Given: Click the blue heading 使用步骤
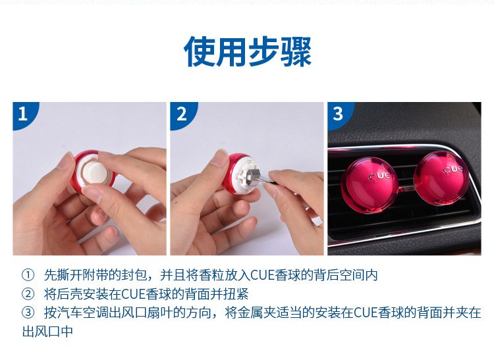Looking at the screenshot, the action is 248,51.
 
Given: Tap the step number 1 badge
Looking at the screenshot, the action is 24,114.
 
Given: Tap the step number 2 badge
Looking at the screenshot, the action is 182,114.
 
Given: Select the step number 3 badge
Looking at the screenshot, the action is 339,114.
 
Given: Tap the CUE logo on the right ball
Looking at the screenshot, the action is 454,170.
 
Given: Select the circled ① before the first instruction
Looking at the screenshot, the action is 28,275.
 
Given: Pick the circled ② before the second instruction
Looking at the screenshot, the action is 28,294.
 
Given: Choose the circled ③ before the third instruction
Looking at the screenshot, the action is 28,313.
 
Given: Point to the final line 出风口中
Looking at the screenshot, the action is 47,331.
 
